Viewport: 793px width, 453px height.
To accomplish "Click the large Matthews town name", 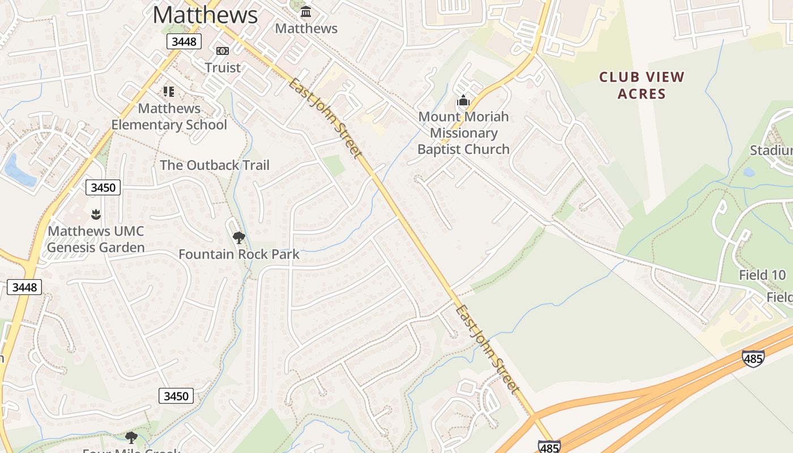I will pyautogui.click(x=205, y=15).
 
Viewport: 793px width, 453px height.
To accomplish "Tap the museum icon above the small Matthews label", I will pyautogui.click(x=306, y=11).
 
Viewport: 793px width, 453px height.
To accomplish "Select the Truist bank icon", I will pyautogui.click(x=223, y=51).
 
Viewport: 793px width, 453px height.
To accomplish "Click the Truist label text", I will pyautogui.click(x=223, y=67).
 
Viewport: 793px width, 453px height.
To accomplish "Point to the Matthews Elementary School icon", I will pyautogui.click(x=168, y=91).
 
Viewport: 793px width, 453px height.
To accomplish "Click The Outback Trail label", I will pyautogui.click(x=215, y=165).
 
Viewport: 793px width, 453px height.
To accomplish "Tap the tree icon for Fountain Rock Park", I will pyautogui.click(x=239, y=237).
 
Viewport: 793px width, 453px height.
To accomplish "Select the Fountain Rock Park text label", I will pyautogui.click(x=239, y=254).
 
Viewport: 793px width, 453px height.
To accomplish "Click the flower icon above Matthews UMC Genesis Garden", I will pyautogui.click(x=95, y=214).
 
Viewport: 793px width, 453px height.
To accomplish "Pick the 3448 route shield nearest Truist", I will pyautogui.click(x=184, y=41).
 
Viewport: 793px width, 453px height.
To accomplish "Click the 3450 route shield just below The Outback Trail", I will pyautogui.click(x=103, y=187).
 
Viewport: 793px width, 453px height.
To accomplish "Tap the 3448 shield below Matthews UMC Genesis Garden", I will pyautogui.click(x=24, y=287).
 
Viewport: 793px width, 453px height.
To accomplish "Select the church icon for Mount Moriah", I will pyautogui.click(x=463, y=101).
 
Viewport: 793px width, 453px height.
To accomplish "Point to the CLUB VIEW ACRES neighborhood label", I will pyautogui.click(x=642, y=85).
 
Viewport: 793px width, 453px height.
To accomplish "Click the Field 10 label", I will pyautogui.click(x=762, y=275).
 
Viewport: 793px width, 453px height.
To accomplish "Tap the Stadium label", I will pyautogui.click(x=771, y=150).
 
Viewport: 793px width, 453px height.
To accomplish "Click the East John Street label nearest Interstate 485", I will pyautogui.click(x=488, y=349).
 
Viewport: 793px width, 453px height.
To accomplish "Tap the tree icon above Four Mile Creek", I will pyautogui.click(x=131, y=438).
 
